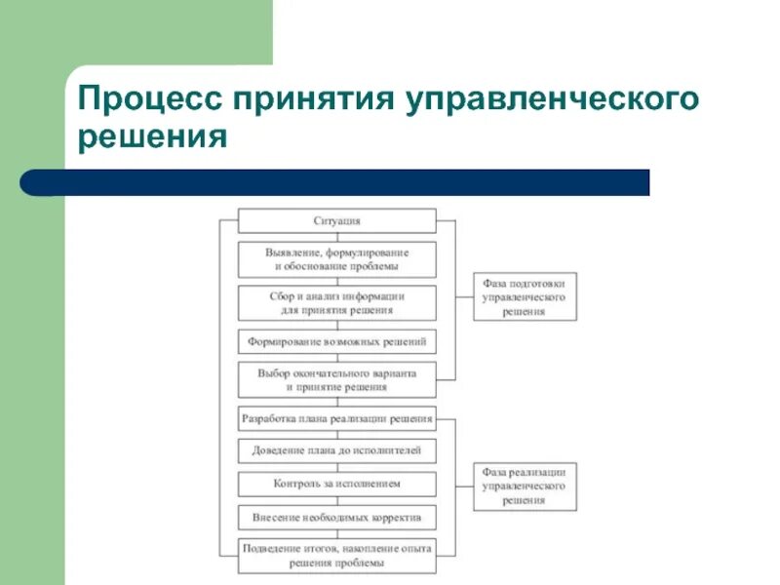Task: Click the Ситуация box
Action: coord(337,221)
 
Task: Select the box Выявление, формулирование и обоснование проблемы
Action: coord(337,258)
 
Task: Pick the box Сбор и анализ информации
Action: coord(337,302)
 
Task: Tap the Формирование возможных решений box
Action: coord(337,342)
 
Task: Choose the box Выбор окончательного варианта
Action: coord(337,379)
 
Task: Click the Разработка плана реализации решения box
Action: coord(337,419)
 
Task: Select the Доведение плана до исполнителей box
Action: coord(337,451)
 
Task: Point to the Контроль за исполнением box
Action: coord(337,483)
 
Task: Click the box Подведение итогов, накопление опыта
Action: coord(337,555)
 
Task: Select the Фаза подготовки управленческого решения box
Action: coord(525,296)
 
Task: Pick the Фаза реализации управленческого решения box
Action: coord(525,486)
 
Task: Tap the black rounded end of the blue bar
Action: coord(32,182)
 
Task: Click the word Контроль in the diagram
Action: coord(298,483)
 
